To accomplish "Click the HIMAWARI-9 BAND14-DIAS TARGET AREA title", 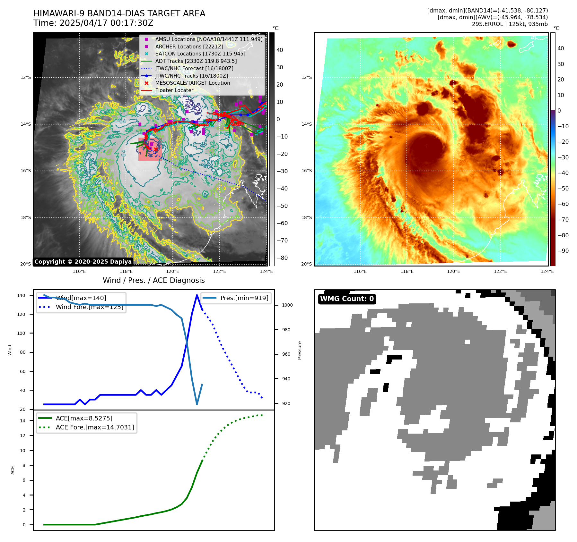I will [x=119, y=13].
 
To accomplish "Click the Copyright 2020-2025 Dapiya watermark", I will [x=83, y=262].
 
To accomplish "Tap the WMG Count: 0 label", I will [x=347, y=299].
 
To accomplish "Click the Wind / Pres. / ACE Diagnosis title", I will [x=153, y=280].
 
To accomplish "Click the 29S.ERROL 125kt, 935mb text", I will [x=510, y=24].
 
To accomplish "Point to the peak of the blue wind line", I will [x=197, y=295].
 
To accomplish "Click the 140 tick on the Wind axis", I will [x=21, y=295].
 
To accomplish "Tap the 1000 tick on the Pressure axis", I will [x=287, y=305].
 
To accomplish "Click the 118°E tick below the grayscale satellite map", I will [x=126, y=271].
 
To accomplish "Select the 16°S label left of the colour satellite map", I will [x=306, y=171].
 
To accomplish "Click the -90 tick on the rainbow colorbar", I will [x=563, y=251].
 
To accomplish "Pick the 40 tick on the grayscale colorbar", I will [x=280, y=50].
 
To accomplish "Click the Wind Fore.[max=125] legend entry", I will [x=89, y=307].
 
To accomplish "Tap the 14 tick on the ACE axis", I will [x=22, y=421].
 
